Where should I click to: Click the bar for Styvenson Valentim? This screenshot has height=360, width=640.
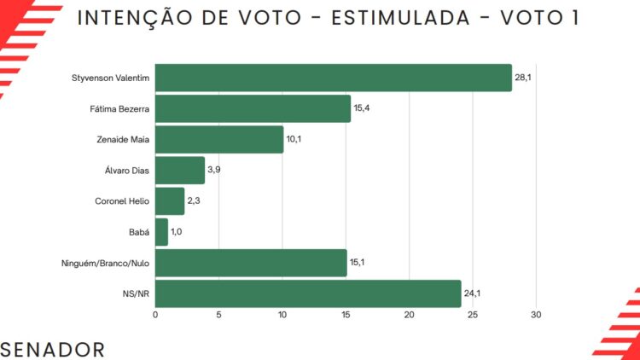[333, 78]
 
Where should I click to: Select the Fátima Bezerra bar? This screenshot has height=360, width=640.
[253, 108]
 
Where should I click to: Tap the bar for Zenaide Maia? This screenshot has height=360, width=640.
[219, 139]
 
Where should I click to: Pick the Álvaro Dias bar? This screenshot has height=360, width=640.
[180, 170]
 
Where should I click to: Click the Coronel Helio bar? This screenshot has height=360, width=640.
[170, 201]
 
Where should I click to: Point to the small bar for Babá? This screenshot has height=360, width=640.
[162, 232]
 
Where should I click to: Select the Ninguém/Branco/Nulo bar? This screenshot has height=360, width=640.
[251, 263]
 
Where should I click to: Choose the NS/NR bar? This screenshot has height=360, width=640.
[308, 294]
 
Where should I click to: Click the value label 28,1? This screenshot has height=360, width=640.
[524, 78]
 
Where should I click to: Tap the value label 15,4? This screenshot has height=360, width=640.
[363, 108]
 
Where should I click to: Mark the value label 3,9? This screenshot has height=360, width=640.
[215, 171]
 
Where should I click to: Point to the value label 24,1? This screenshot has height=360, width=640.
[473, 294]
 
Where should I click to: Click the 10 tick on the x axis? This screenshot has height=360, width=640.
[282, 316]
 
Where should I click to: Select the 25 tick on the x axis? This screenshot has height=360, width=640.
[473, 316]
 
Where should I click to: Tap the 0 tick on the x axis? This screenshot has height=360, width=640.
[155, 316]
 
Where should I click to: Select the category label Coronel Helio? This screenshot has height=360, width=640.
[122, 201]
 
